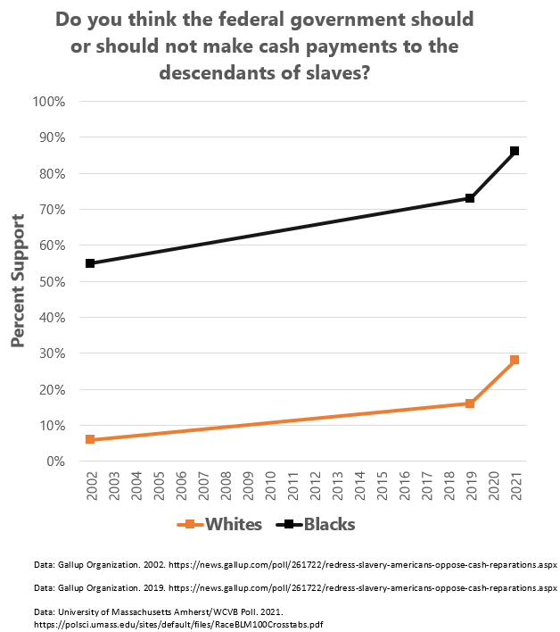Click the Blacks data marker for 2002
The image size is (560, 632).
(91, 263)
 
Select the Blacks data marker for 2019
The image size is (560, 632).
(470, 198)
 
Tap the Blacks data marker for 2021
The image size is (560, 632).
(515, 151)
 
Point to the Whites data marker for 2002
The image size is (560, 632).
(91, 439)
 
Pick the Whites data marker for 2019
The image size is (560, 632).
(470, 403)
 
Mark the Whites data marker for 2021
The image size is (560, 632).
(515, 360)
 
